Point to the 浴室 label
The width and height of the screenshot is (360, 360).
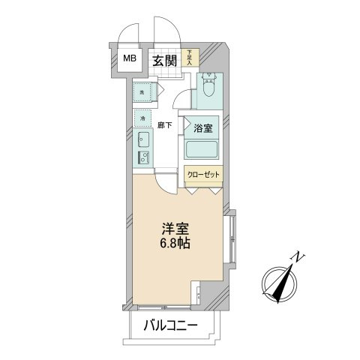[203, 127]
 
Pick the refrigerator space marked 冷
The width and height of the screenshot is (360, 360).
[142, 118]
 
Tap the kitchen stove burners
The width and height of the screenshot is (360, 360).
[142, 157]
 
